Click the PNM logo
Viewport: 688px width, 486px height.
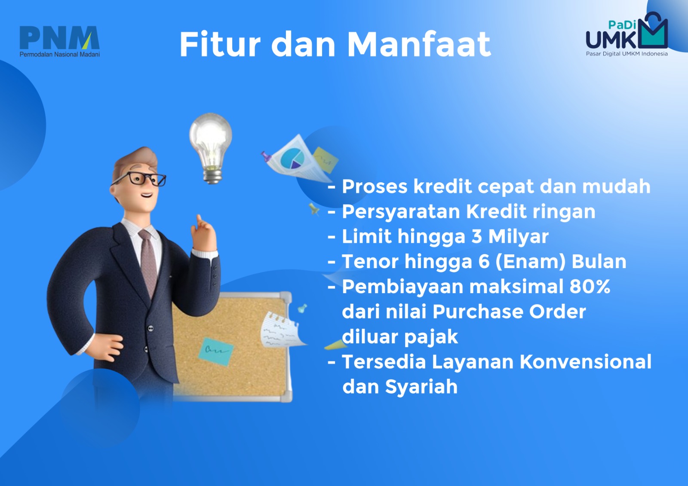click(60, 41)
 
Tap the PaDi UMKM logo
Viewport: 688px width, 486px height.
click(627, 34)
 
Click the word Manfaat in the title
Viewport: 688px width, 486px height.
click(419, 44)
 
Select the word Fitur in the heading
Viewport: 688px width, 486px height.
click(220, 44)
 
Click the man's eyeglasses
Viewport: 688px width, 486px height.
click(140, 179)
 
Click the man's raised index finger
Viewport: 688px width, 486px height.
click(200, 220)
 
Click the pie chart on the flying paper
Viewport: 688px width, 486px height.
click(292, 159)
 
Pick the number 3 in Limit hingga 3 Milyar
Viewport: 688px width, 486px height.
click(476, 236)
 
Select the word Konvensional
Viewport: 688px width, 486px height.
click(585, 362)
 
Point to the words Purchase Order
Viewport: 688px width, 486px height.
click(509, 312)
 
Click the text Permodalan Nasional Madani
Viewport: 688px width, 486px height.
click(60, 54)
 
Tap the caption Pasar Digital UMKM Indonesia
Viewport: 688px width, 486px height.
click(627, 54)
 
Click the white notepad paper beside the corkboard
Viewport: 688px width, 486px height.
click(282, 330)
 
